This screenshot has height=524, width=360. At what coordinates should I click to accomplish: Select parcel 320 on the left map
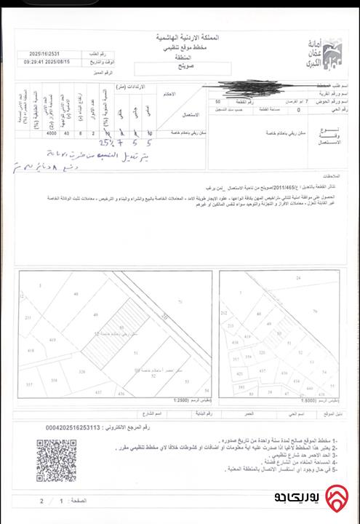pos(81,371)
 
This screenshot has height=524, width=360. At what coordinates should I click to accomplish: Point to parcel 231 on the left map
pos(28,318)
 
